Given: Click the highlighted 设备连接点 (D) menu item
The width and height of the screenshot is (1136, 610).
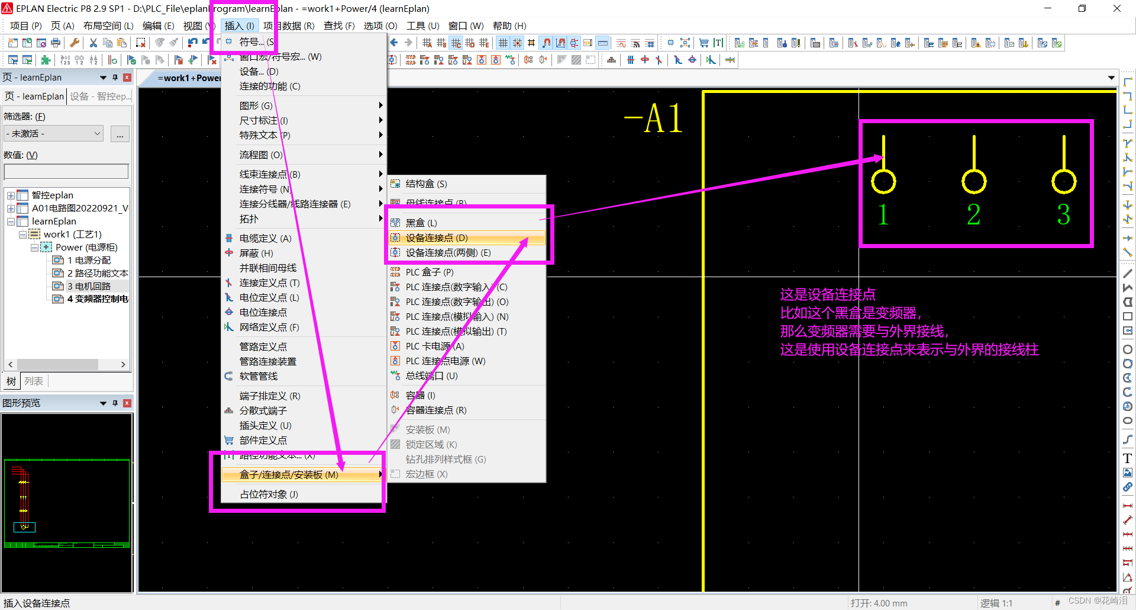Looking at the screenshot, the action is click(x=437, y=238).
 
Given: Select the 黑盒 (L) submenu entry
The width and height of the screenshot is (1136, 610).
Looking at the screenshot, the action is click(x=421, y=223).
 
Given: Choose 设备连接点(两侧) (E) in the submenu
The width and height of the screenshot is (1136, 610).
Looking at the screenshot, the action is click(x=448, y=253).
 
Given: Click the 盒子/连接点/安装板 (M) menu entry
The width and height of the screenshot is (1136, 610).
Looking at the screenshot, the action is click(x=289, y=475).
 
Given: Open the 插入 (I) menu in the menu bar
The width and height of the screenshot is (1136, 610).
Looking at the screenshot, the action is click(x=239, y=26).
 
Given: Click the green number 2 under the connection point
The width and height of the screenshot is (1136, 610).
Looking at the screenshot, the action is click(x=973, y=214).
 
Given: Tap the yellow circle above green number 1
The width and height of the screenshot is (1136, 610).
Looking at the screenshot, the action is click(x=883, y=181).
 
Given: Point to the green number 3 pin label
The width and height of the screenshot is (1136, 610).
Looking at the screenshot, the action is click(x=1063, y=214).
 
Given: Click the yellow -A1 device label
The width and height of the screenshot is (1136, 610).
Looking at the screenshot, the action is click(x=654, y=119).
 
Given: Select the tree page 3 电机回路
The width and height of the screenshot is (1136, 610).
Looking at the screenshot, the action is click(x=89, y=287).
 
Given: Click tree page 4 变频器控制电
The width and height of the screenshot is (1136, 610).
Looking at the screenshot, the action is click(x=97, y=299).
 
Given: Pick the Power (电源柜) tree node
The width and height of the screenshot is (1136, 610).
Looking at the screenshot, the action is click(x=86, y=248).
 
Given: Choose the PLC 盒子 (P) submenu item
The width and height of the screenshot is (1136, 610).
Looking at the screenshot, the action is click(x=430, y=272).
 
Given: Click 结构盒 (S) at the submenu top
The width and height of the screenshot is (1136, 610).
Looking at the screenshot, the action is click(x=426, y=184).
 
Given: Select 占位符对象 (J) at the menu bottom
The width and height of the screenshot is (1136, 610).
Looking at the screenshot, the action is click(x=269, y=495).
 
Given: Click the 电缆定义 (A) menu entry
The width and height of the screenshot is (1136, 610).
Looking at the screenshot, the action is click(x=265, y=239).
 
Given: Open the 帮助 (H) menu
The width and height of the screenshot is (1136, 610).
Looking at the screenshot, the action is click(x=509, y=26).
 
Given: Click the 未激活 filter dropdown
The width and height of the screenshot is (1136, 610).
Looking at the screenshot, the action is click(x=53, y=134).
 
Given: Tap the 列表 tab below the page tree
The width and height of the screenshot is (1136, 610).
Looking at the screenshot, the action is click(x=34, y=381).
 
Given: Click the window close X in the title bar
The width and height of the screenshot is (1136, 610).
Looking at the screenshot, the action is click(x=1116, y=8).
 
